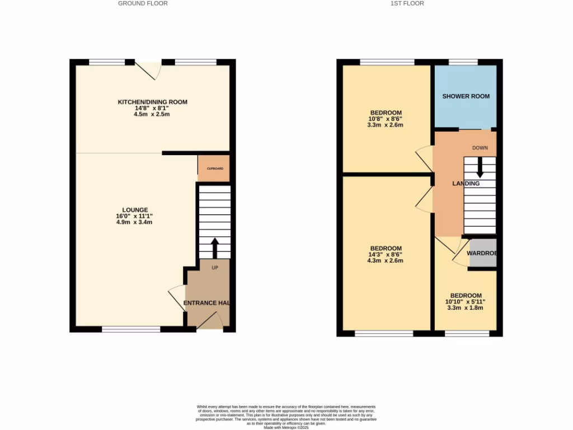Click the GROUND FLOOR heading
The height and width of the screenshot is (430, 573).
click(143, 3)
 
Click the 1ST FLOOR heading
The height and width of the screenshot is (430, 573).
click(407, 3)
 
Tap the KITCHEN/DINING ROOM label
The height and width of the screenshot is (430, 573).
click(152, 102)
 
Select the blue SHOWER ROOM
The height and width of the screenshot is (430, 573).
click(466, 96)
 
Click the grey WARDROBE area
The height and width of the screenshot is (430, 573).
click(483, 253)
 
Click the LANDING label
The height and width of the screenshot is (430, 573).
click(466, 184)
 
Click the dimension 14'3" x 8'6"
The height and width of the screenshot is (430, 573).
click(386, 255)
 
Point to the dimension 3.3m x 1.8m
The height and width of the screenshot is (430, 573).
click(466, 308)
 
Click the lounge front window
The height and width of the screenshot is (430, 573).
click(130, 330)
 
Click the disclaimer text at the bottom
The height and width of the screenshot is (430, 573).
click(286, 417)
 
